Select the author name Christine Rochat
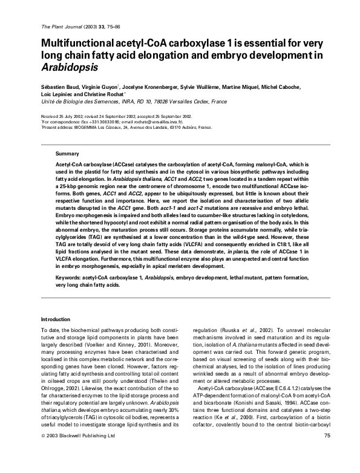[102, 95]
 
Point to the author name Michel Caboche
[298, 87]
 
